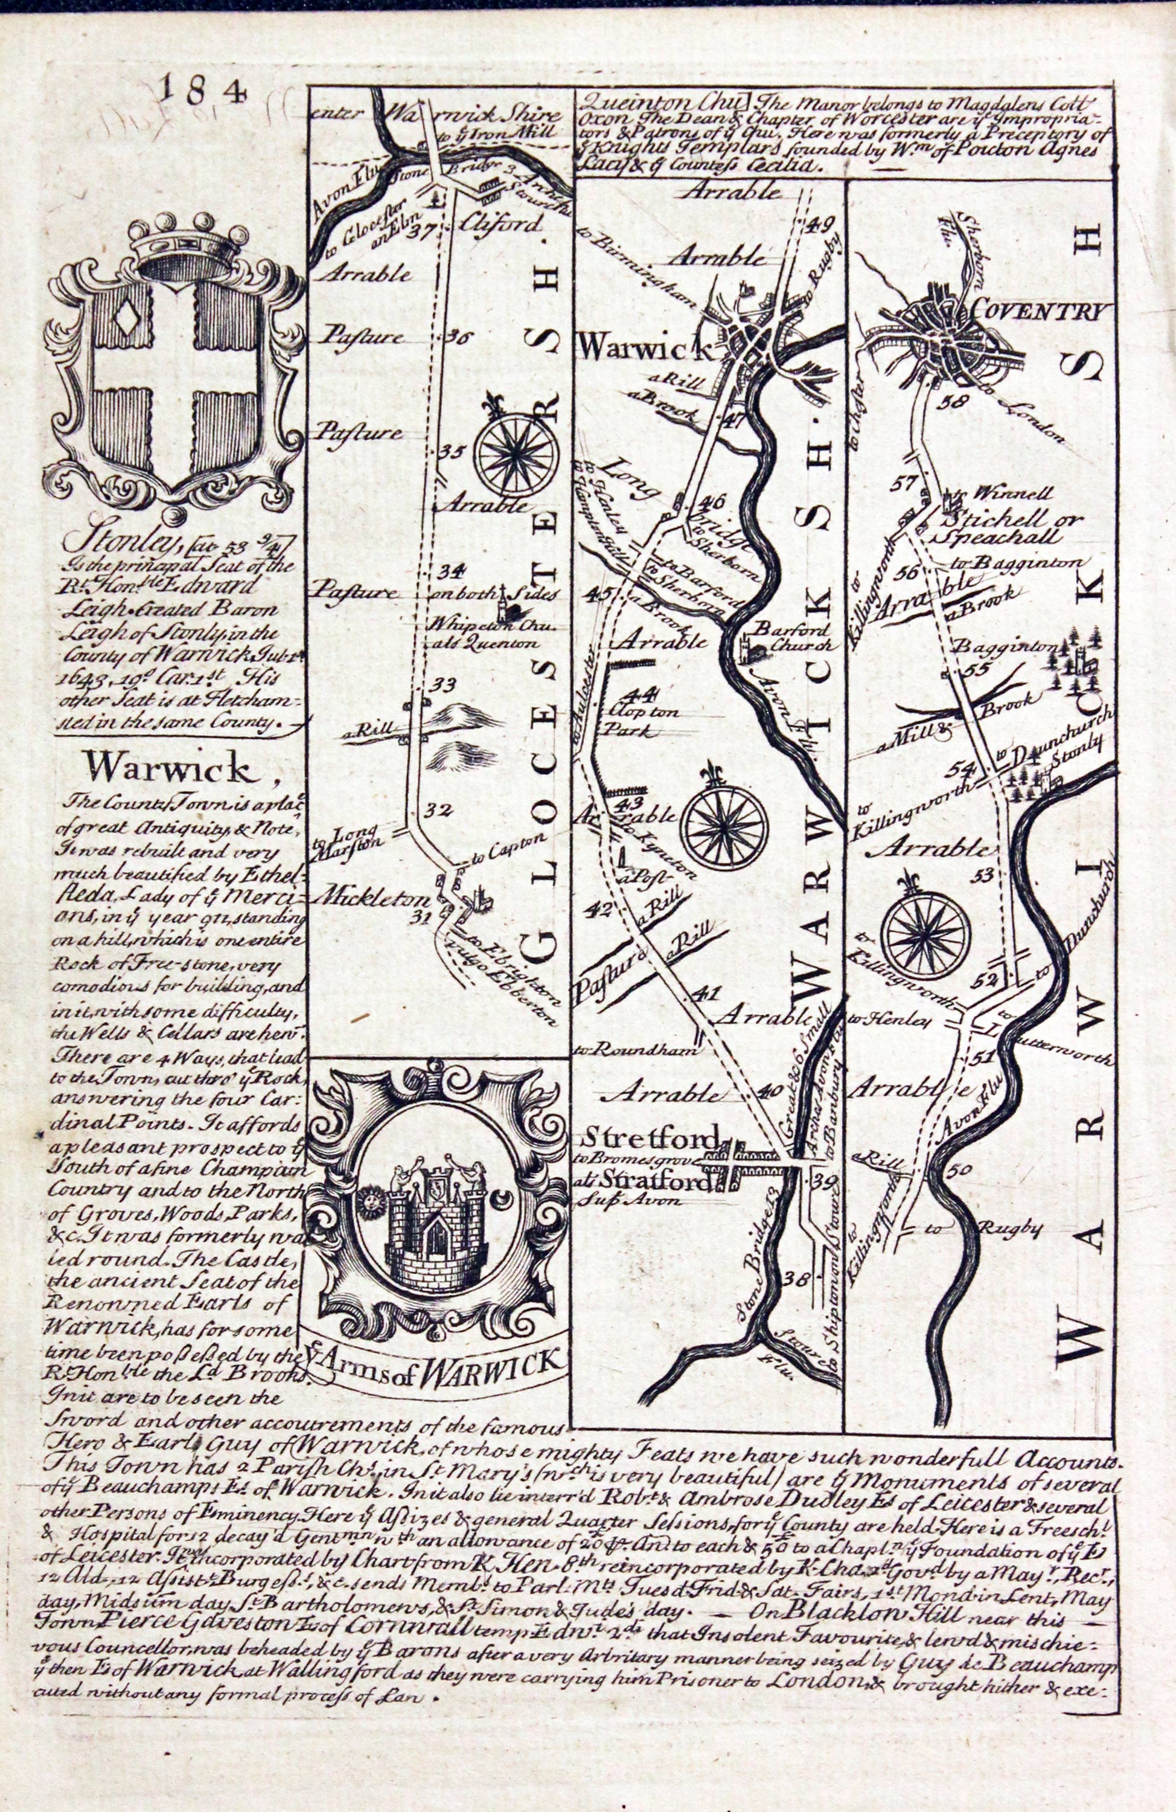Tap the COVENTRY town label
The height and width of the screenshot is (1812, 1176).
tap(1033, 312)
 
